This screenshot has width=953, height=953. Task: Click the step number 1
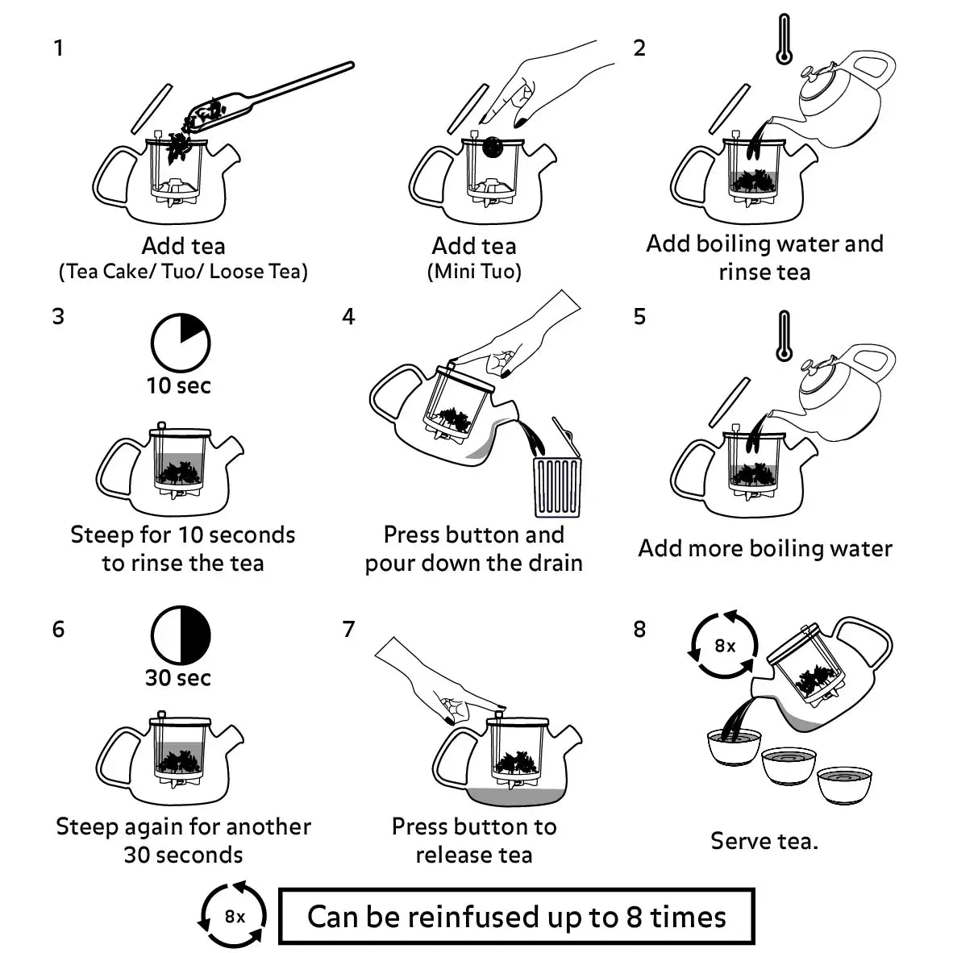pyautogui.click(x=58, y=48)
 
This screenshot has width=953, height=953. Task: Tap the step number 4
pyautogui.click(x=348, y=317)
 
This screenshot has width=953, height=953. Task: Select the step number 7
pyautogui.click(x=348, y=629)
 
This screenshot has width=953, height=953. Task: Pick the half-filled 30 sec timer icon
pyautogui.click(x=180, y=636)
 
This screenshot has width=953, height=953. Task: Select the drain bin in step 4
pyautogui.click(x=557, y=485)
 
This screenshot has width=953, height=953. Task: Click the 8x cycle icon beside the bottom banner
pyautogui.click(x=234, y=917)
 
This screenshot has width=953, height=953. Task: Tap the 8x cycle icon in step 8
pyautogui.click(x=725, y=646)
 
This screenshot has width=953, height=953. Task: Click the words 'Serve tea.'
pyautogui.click(x=764, y=841)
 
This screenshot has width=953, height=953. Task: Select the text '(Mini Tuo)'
pyautogui.click(x=474, y=272)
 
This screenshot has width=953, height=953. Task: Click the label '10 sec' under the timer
pyautogui.click(x=178, y=385)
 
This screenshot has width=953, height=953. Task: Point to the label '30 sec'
pyautogui.click(x=178, y=677)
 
